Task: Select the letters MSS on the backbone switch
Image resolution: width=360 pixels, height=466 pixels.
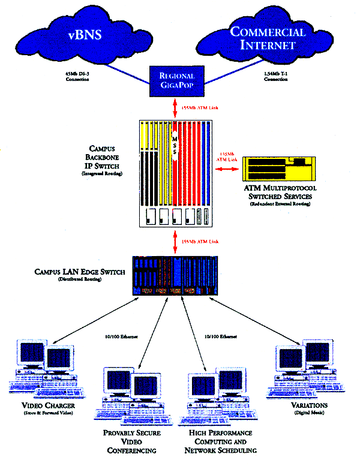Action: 175,147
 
